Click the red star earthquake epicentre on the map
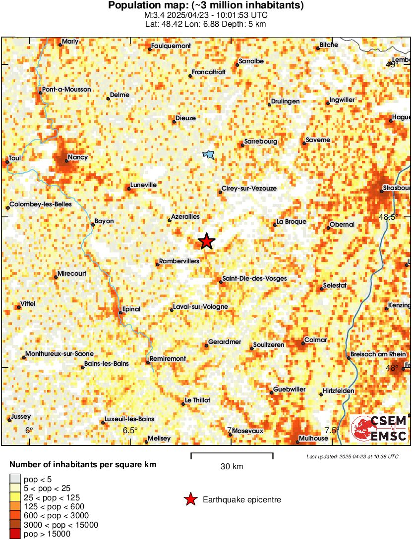[206, 241]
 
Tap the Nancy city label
[78, 157]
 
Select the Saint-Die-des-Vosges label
[254, 279]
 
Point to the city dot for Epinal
[120, 313]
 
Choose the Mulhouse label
[314, 439]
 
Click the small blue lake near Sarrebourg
[209, 155]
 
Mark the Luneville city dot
[127, 189]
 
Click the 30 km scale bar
[232, 453]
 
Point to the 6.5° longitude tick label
[130, 430]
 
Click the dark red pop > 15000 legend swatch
[15, 534]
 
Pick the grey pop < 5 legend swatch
[15, 478]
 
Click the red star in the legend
[190, 500]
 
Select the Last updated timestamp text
[352, 456]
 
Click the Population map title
[206, 6]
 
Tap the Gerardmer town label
[225, 342]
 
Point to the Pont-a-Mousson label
[67, 89]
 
